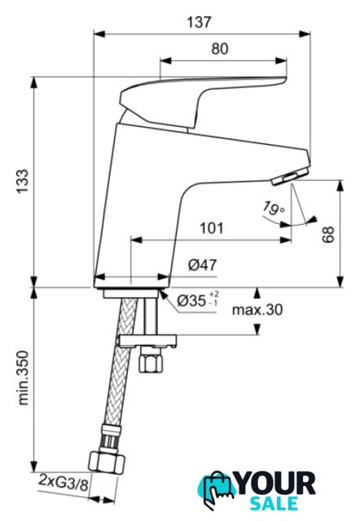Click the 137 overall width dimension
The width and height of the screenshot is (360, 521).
(x=199, y=22)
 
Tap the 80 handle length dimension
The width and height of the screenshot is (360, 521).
(x=220, y=49)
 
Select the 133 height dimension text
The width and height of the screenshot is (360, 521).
(x=24, y=182)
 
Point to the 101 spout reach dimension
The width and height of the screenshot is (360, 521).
(x=212, y=228)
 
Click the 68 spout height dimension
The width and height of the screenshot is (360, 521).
(x=328, y=234)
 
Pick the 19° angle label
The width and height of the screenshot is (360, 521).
(x=274, y=208)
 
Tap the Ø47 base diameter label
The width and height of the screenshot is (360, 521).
(x=203, y=265)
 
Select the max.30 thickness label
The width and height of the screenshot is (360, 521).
(x=257, y=309)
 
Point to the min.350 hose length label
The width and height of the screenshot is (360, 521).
(x=24, y=378)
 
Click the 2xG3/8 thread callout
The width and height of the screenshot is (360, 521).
(x=64, y=482)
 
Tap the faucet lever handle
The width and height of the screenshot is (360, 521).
(x=203, y=99)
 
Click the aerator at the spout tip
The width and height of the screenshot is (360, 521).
(x=290, y=176)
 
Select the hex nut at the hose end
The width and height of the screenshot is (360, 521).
(x=107, y=462)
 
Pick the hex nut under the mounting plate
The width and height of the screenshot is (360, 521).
(x=151, y=364)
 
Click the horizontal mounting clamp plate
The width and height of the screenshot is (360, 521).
(x=147, y=342)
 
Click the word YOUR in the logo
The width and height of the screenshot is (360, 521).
(x=276, y=484)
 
